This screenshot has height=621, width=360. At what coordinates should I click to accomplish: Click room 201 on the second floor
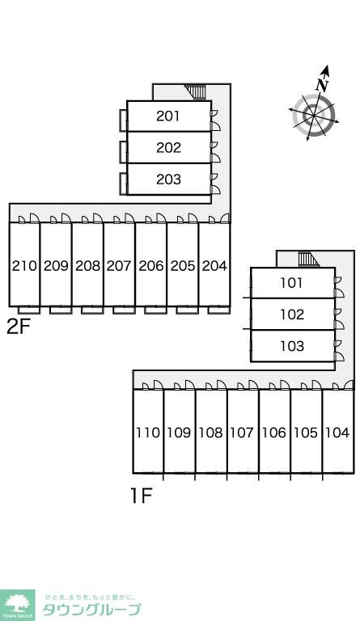(169, 116)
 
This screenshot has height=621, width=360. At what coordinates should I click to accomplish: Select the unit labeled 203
(169, 180)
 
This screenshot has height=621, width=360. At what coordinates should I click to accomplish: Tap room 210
(24, 264)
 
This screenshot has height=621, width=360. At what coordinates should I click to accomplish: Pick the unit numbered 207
(120, 264)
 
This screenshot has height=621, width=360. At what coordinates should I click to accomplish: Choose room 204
(214, 264)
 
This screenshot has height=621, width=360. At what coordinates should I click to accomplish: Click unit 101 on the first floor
(293, 283)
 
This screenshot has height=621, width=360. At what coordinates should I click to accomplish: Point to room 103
(293, 346)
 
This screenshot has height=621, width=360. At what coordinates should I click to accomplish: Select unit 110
(148, 431)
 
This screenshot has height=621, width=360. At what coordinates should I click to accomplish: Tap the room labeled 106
(274, 431)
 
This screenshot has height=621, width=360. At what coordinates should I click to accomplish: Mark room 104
(338, 431)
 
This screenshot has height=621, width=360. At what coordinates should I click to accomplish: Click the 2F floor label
(19, 327)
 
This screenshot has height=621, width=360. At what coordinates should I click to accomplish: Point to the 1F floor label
(142, 496)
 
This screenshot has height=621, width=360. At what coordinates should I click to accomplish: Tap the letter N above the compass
(323, 84)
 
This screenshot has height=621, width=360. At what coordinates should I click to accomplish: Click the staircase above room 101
(308, 259)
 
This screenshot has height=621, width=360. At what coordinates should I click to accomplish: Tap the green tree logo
(18, 605)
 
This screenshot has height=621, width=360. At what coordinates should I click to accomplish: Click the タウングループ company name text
(91, 609)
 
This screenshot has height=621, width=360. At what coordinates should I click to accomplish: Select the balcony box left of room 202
(123, 152)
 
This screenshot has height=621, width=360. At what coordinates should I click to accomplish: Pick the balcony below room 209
(61, 310)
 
